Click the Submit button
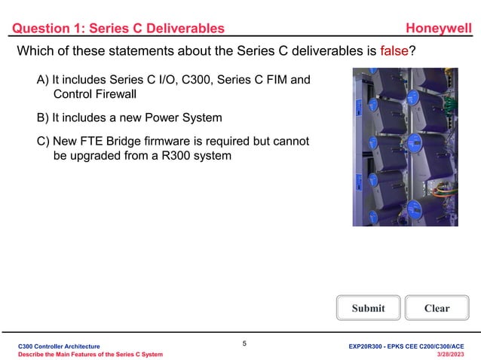(368, 308)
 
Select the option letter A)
(43, 80)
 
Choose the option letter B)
(43, 117)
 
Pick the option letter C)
(43, 141)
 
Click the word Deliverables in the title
(183, 29)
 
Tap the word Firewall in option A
(127, 96)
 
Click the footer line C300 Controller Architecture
(59, 345)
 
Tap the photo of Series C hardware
(400, 147)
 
